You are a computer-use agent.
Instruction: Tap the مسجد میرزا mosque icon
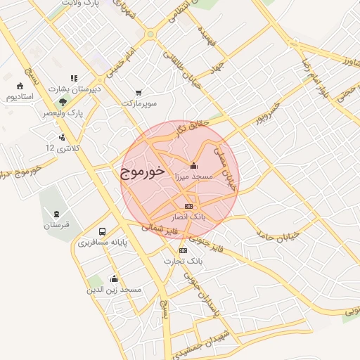click(194, 166)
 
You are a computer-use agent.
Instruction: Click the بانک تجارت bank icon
click(184, 250)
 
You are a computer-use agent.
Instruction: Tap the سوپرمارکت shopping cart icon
click(139, 92)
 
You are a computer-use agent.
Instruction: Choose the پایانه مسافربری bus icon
click(103, 231)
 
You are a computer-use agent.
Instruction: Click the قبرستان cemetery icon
click(56, 214)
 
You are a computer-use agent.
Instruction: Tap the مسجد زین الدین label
click(114, 290)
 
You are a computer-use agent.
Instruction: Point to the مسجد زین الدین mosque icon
click(114, 278)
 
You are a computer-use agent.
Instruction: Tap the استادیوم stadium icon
click(19, 86)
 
